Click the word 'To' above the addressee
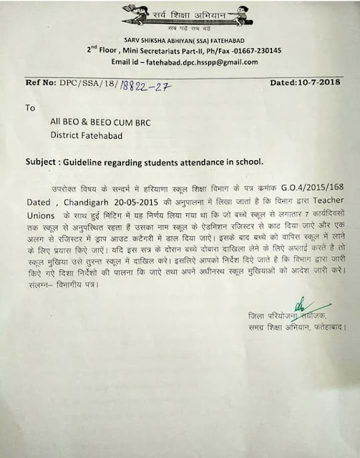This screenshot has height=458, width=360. (x=30, y=109)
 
